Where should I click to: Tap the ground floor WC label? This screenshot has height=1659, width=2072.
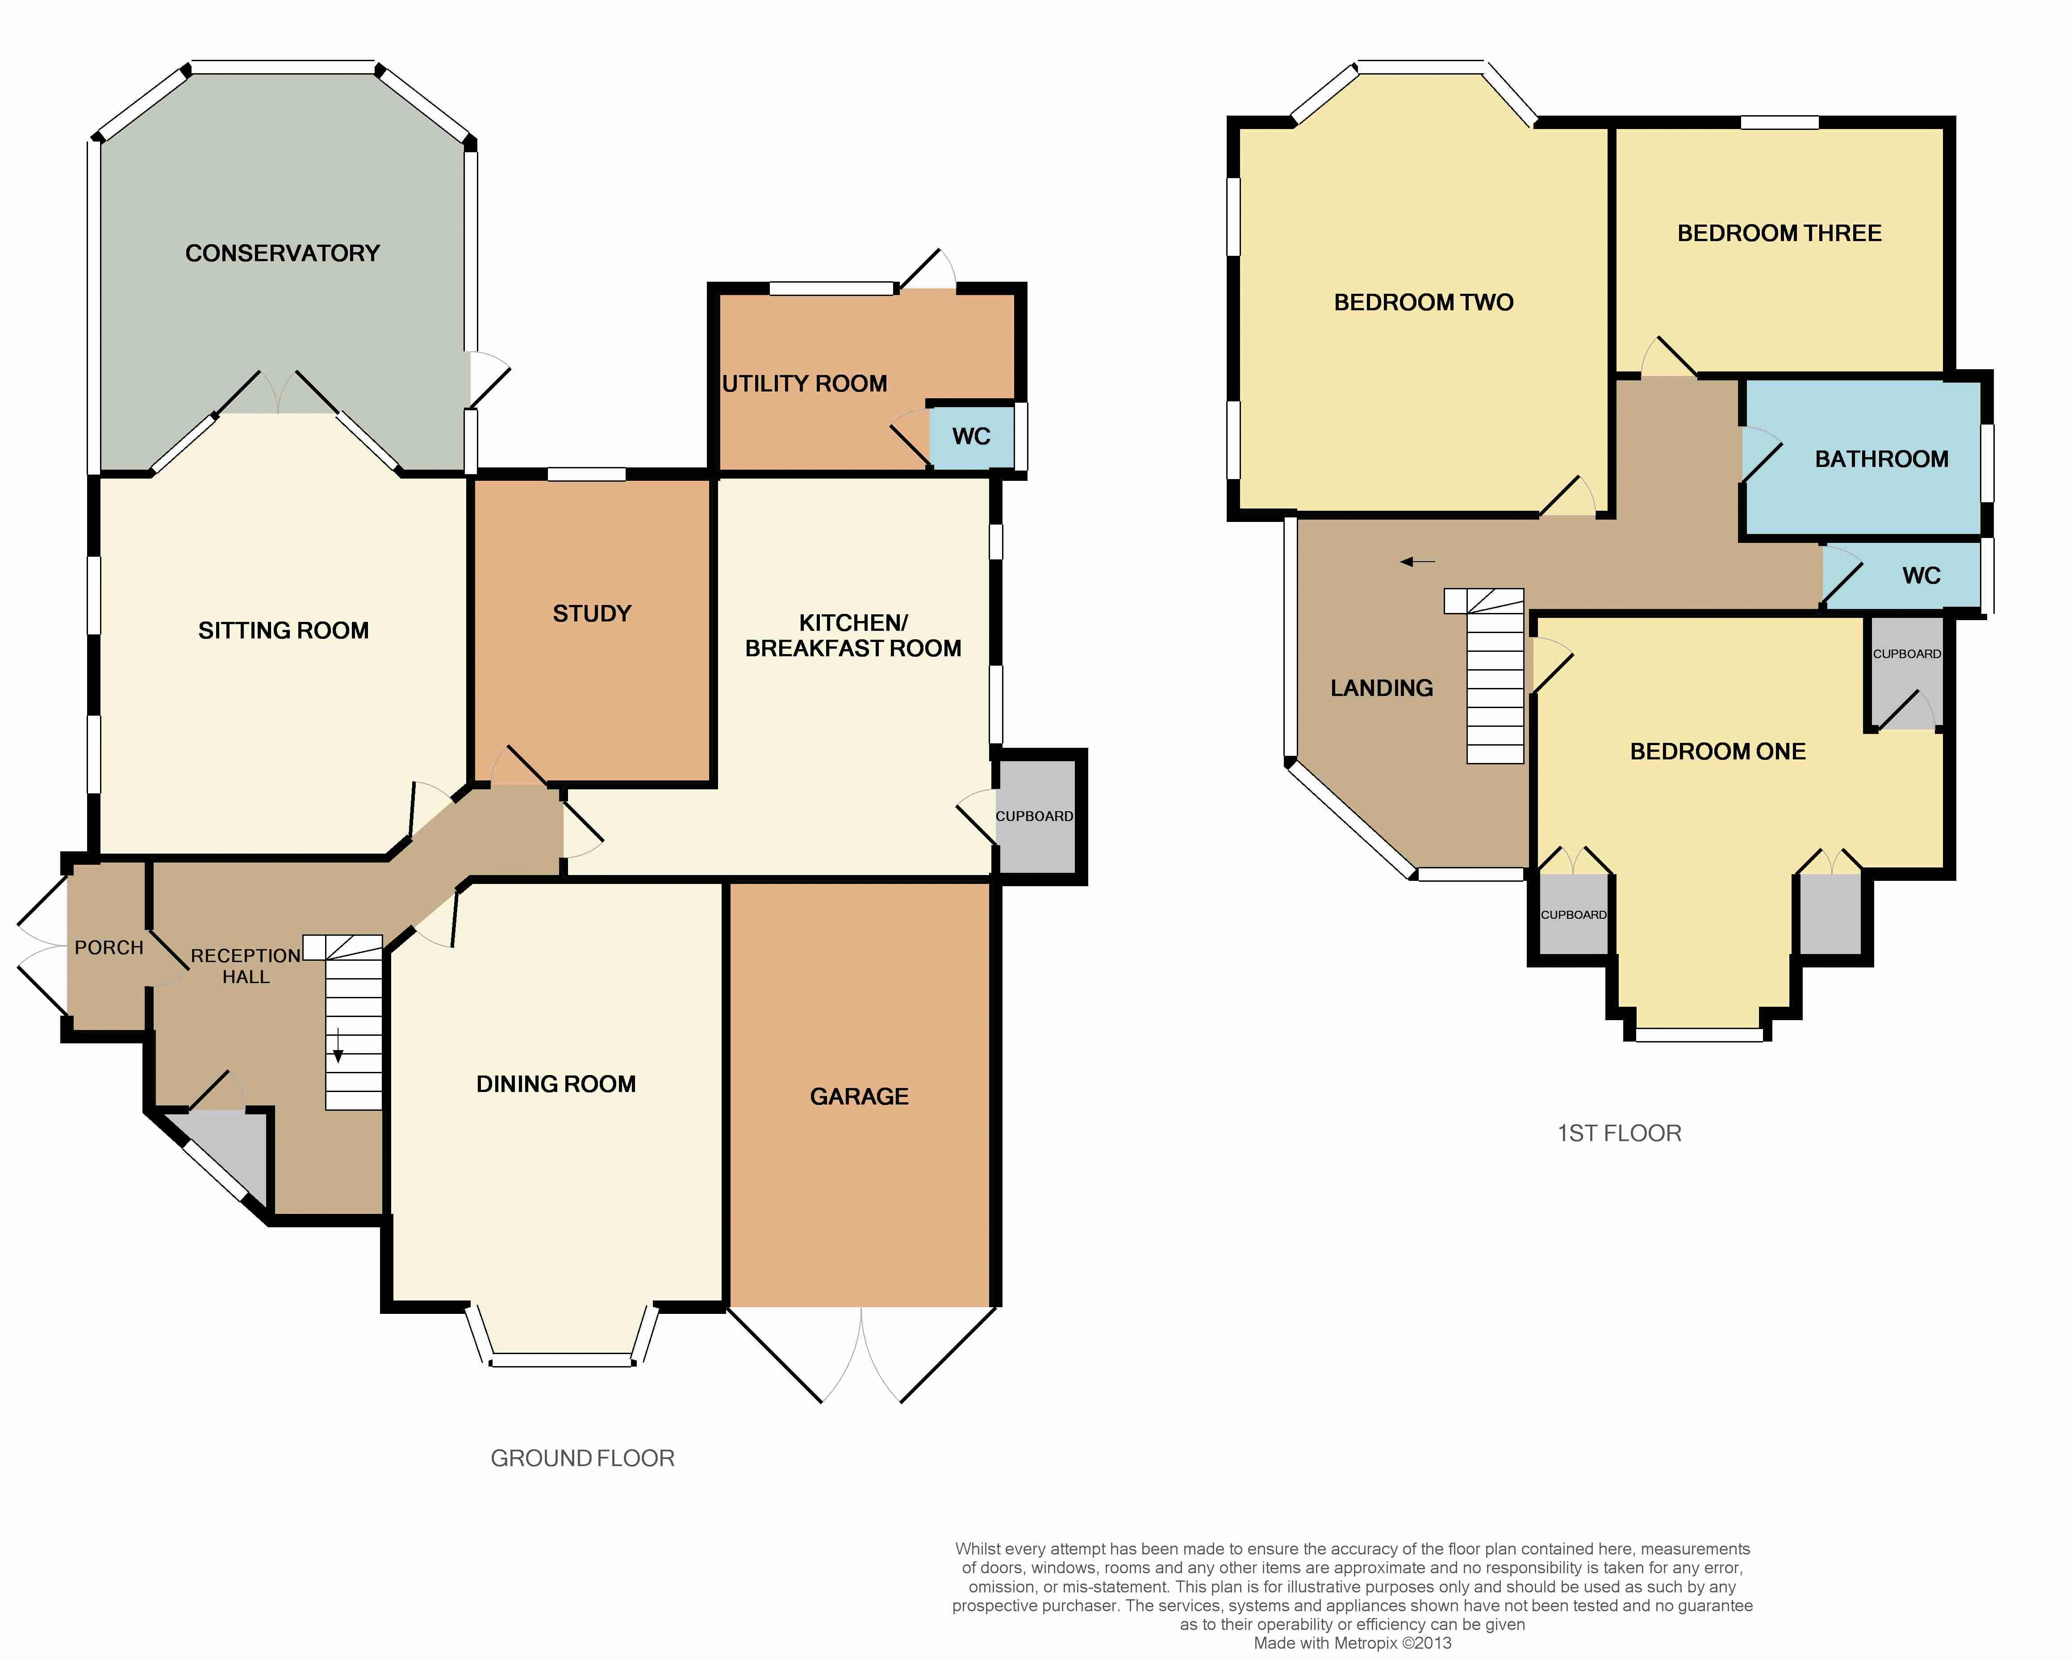point(971,437)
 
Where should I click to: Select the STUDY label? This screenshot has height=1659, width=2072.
point(592,614)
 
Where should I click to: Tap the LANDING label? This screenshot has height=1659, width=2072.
point(1382,688)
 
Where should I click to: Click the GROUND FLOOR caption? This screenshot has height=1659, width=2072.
point(582,1458)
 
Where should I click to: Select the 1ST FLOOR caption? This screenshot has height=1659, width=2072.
point(1619,1134)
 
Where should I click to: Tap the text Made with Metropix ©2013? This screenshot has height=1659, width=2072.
point(1352,1642)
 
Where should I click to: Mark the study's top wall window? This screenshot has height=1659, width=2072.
point(587,474)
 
